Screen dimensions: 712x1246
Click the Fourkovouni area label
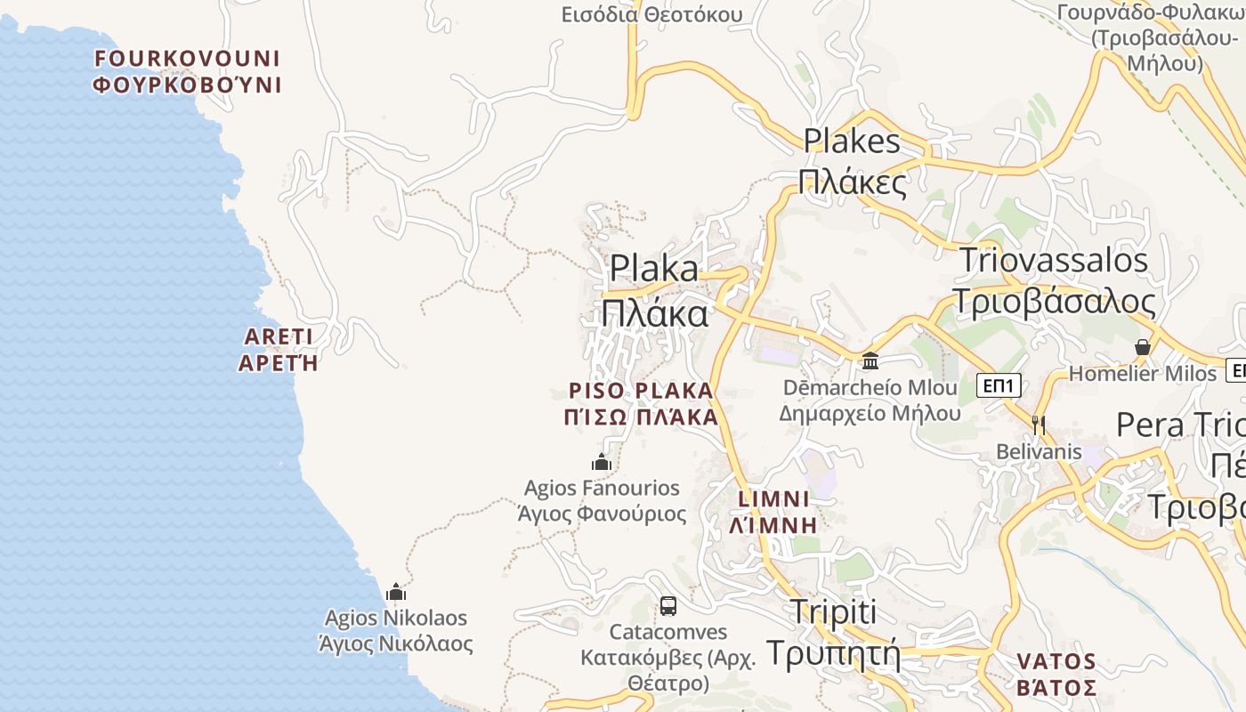tap(187, 72)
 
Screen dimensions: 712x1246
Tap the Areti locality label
tap(278, 350)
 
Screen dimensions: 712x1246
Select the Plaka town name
tap(655, 291)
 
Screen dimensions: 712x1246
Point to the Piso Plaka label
tap(641, 404)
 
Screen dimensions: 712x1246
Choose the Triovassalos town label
tap(1054, 280)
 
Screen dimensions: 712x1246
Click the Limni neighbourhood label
tap(773, 512)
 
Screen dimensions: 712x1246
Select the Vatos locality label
tap(1056, 675)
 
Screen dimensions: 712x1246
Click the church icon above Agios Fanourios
tap(602, 462)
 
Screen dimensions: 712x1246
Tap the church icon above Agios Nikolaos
tap(396, 592)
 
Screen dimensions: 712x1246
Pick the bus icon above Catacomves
tap(668, 606)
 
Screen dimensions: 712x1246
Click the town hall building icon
tap(870, 360)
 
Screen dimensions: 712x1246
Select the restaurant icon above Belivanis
tap(1038, 425)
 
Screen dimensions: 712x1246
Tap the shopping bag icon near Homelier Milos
tap(1143, 347)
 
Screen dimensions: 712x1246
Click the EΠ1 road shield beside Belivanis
tap(999, 385)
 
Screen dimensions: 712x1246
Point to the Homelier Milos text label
tap(1142, 374)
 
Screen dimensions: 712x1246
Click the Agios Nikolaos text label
tap(396, 630)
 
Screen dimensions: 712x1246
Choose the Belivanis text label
tap(1039, 451)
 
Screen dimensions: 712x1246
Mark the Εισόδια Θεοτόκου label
tap(652, 14)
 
